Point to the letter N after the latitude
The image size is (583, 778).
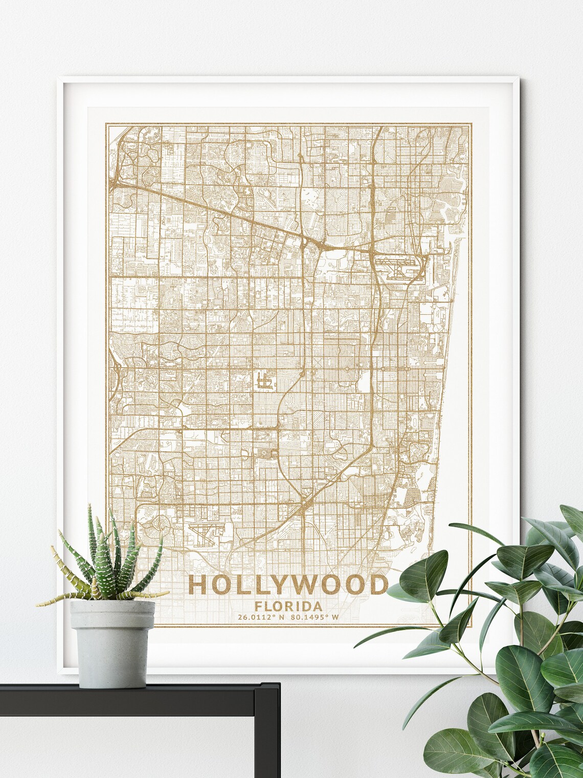click(281, 617)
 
